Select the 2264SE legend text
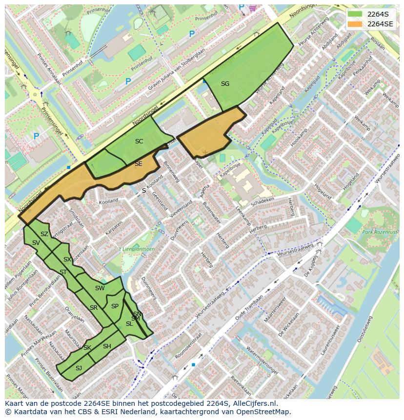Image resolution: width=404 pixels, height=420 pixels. (380, 24)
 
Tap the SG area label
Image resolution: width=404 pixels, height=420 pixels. (225, 84)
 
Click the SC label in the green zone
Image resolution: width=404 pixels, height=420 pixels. (139, 141)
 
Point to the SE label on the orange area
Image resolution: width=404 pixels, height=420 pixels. (139, 164)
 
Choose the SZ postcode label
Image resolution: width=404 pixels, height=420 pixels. (44, 234)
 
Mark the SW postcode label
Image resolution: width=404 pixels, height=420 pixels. (100, 288)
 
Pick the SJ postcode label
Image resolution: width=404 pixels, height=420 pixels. (79, 368)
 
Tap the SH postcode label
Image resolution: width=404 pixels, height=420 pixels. (107, 346)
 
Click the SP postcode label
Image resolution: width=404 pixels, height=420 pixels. (115, 306)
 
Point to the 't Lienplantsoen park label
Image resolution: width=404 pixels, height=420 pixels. (137, 249)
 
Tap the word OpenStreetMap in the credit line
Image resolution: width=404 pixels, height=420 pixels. (263, 412)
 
